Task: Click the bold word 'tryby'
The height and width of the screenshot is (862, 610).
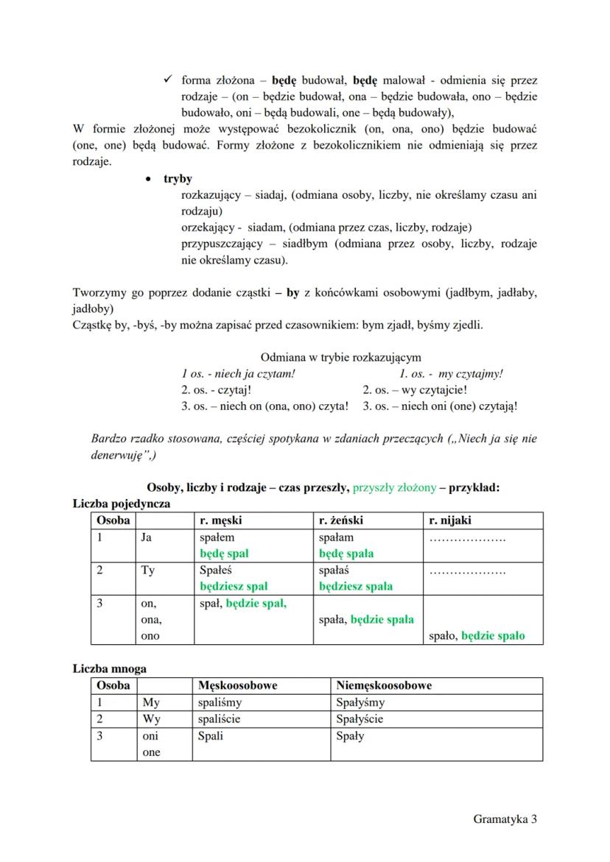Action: pyautogui.click(x=178, y=179)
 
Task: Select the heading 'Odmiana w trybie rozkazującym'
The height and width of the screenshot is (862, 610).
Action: pyautogui.click(x=340, y=357)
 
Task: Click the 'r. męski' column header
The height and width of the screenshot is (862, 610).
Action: pyautogui.click(x=221, y=520)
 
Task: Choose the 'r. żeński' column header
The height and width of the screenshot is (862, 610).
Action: pyautogui.click(x=341, y=520)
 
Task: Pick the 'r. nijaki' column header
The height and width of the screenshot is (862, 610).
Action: pyautogui.click(x=450, y=520)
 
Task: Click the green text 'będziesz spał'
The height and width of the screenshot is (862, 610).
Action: pyautogui.click(x=234, y=587)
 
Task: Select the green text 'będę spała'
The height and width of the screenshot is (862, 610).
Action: pyautogui.click(x=346, y=554)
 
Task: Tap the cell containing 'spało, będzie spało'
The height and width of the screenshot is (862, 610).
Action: pyautogui.click(x=477, y=636)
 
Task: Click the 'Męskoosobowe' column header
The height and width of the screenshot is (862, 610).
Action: pyautogui.click(x=238, y=685)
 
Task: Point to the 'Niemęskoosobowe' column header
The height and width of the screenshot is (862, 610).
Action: pyautogui.click(x=384, y=685)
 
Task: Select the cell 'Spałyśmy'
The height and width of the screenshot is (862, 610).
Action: pyautogui.click(x=360, y=702)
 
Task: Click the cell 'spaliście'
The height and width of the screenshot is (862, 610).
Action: pyautogui.click(x=220, y=718)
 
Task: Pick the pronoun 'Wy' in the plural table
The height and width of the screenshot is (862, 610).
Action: pyautogui.click(x=151, y=718)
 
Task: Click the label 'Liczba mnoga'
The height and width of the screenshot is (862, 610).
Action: pyautogui.click(x=109, y=668)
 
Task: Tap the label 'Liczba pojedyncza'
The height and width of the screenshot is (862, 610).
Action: pyautogui.click(x=121, y=504)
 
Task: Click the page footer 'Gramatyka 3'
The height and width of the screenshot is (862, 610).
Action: pyautogui.click(x=505, y=819)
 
